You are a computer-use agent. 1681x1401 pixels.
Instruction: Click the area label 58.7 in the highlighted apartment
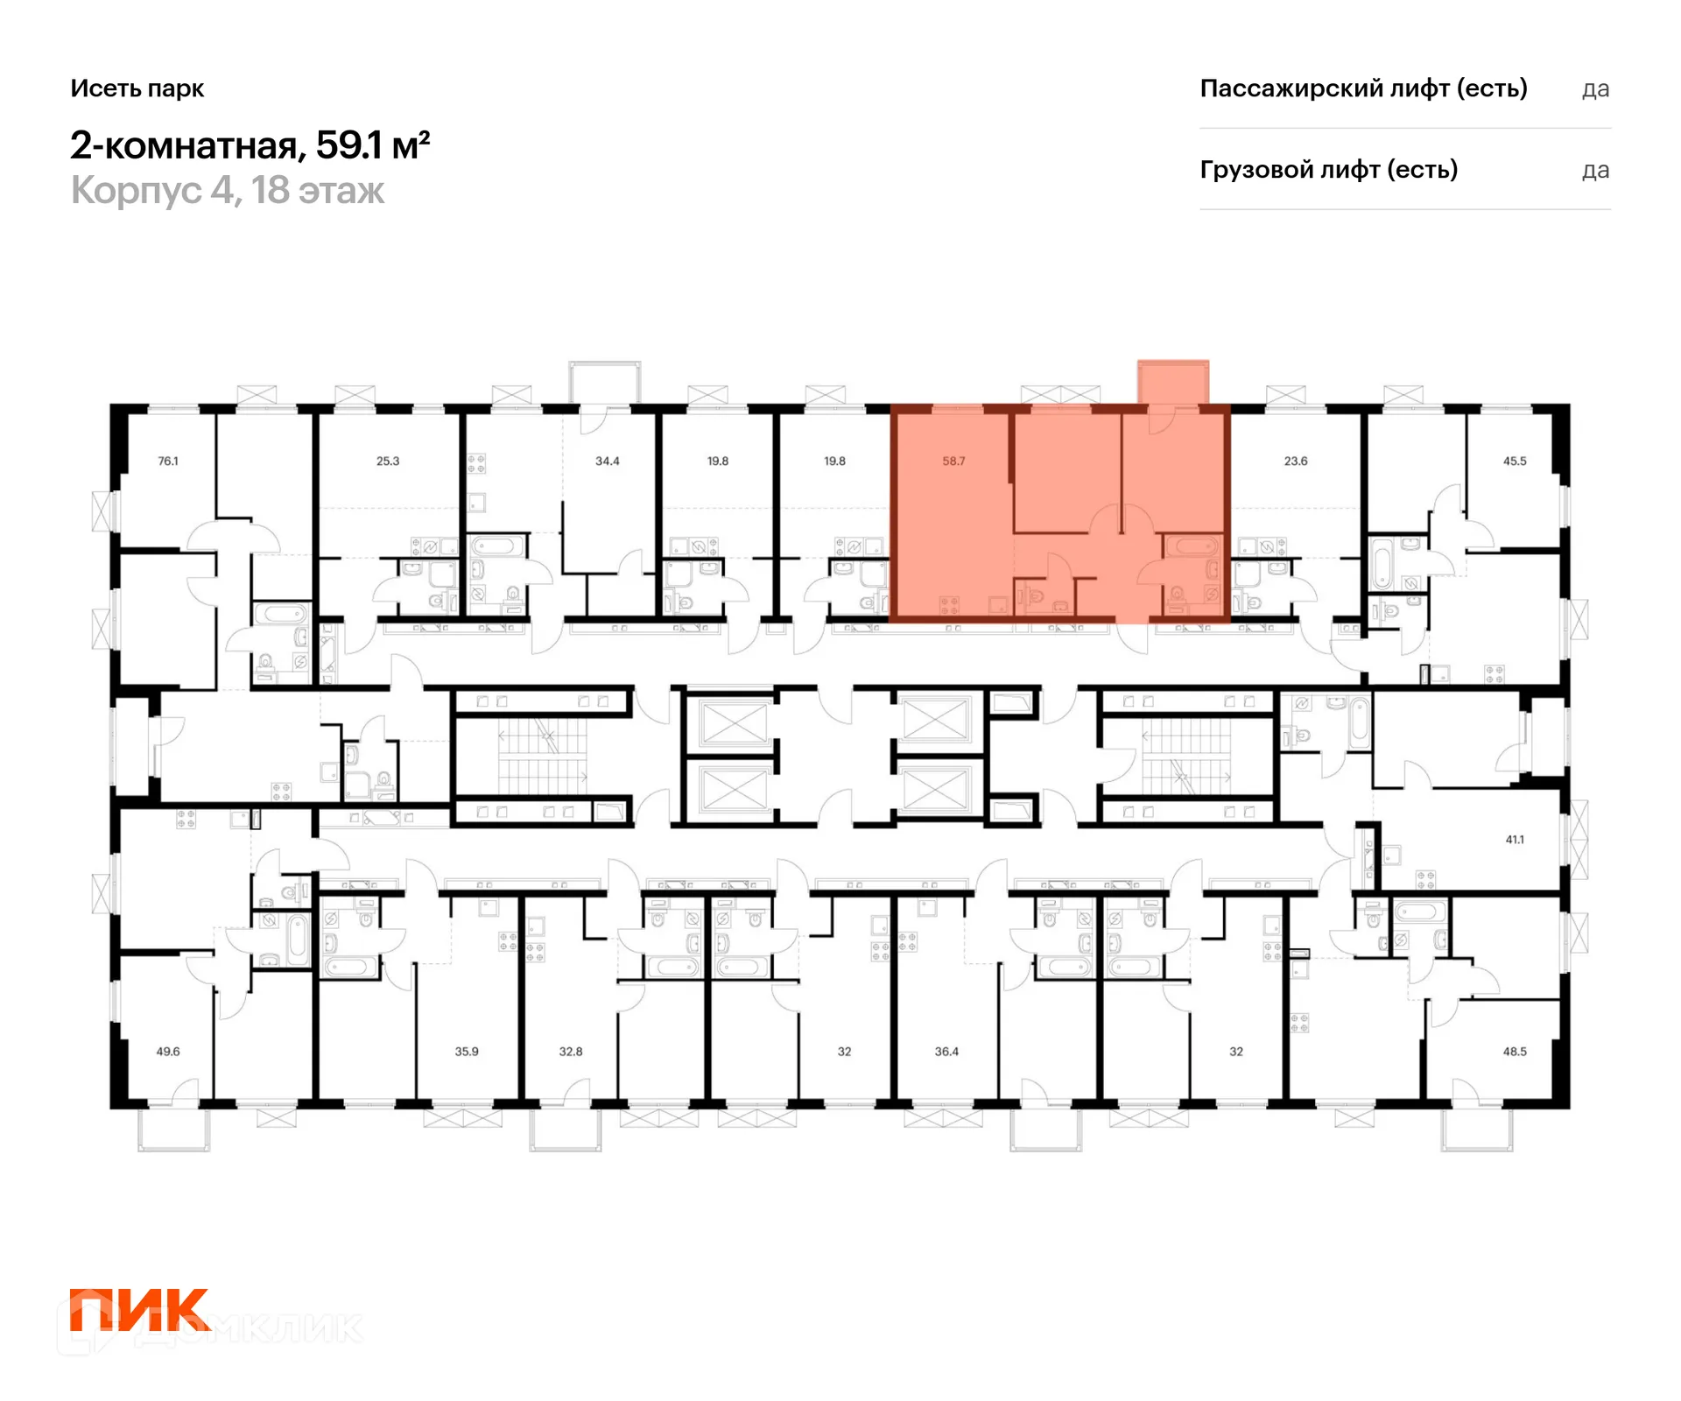[953, 461]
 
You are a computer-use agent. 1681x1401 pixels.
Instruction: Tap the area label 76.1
[168, 461]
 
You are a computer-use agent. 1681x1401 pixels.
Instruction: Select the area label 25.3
[388, 461]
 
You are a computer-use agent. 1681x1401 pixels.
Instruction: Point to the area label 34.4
[608, 461]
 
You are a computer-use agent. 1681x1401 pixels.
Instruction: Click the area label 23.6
[1296, 461]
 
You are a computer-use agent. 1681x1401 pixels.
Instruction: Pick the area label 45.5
[1515, 461]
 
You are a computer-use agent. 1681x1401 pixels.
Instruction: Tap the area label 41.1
[1515, 839]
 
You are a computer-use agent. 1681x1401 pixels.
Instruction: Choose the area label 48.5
[1515, 1051]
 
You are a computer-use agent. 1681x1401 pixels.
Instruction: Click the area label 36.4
[946, 1051]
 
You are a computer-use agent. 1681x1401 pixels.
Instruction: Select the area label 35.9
[467, 1051]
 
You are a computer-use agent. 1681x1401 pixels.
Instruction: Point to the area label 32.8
[571, 1051]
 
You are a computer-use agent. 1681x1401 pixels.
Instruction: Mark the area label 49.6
[168, 1051]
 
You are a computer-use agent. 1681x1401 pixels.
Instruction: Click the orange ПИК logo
[140, 1309]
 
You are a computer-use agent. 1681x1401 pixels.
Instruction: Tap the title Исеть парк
[137, 88]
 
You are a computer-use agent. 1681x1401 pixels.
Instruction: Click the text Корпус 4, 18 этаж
[228, 191]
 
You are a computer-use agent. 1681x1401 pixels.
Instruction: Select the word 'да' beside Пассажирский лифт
[1596, 89]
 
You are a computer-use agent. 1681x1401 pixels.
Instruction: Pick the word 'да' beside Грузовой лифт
[1596, 171]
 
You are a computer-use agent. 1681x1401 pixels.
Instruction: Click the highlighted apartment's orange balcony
[1173, 383]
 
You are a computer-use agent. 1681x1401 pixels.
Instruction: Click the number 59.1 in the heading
[349, 145]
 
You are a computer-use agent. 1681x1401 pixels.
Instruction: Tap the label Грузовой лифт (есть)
[1329, 170]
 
